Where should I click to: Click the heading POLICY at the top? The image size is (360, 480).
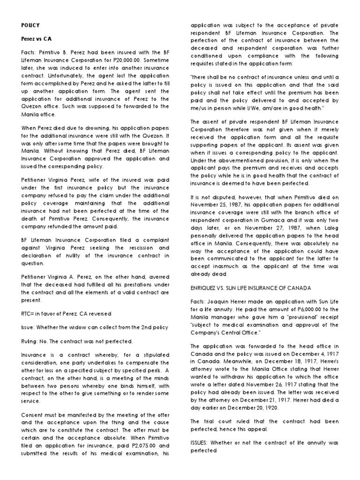point(31,24)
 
